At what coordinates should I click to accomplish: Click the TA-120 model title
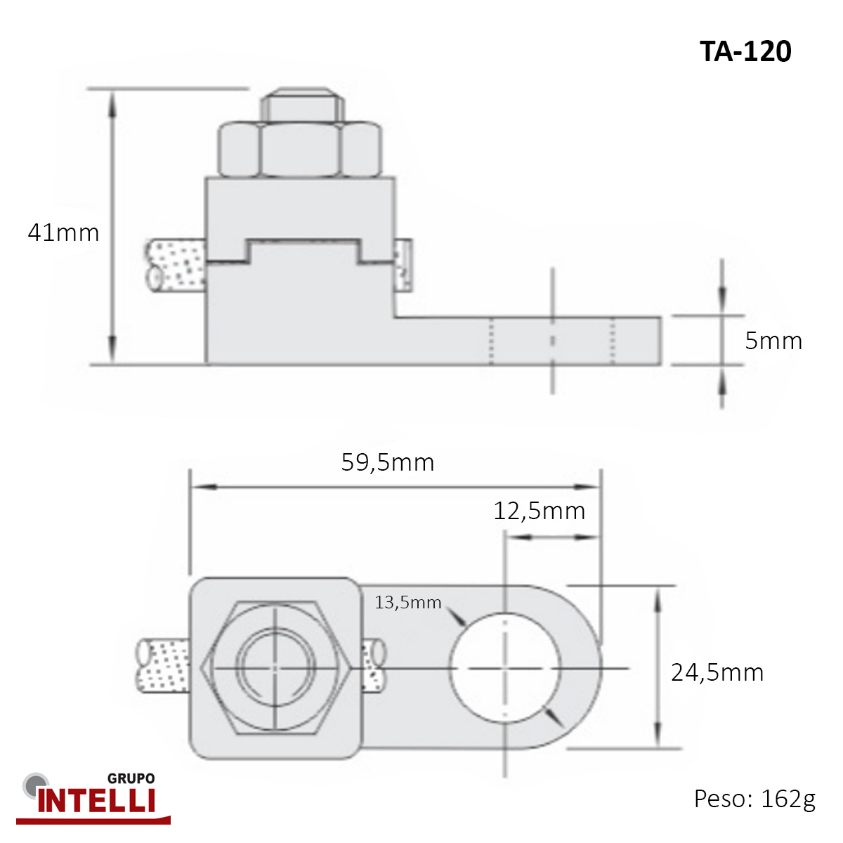[745, 51]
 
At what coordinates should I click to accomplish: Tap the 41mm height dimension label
[63, 233]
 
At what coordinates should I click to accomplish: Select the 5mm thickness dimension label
[773, 341]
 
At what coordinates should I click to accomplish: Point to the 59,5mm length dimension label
[388, 462]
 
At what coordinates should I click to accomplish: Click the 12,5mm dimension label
[539, 511]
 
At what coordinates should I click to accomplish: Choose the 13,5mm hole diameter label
[407, 602]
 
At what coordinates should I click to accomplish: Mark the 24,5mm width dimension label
[717, 672]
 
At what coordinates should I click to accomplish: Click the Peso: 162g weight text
[754, 799]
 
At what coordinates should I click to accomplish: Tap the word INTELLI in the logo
[96, 801]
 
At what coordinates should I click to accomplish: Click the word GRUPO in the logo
[131, 778]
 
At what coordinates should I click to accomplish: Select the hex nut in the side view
[300, 150]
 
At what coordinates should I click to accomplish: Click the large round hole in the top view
[505, 667]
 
